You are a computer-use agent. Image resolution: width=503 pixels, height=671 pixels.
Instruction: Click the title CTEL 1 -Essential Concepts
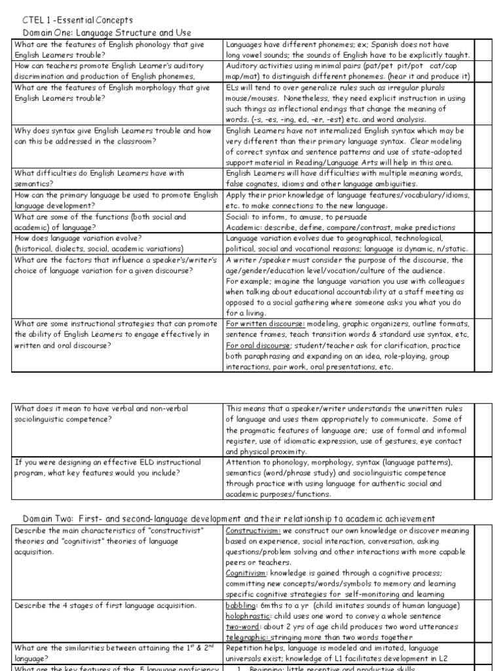(68, 20)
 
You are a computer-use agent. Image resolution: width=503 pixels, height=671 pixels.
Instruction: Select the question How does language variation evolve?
(73, 238)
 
